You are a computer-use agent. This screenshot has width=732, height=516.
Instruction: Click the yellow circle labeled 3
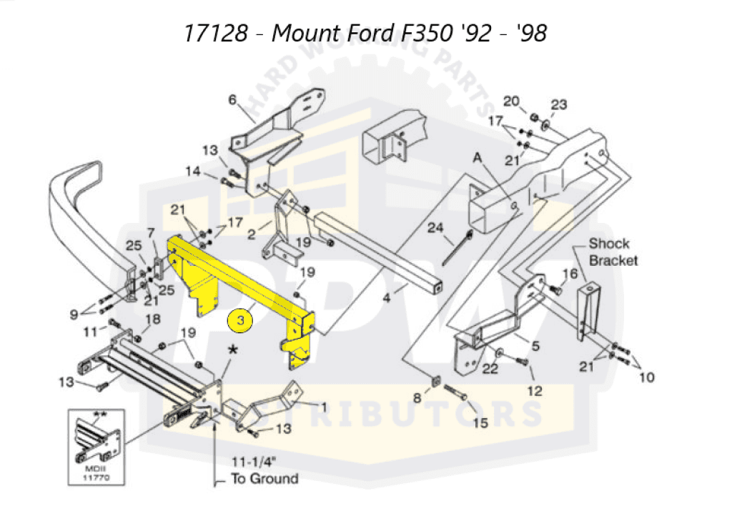(x=241, y=322)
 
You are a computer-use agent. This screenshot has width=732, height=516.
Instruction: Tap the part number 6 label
(x=232, y=99)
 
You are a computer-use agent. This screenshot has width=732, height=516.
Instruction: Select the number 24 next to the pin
(x=436, y=229)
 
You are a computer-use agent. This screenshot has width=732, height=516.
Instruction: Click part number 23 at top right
(x=558, y=105)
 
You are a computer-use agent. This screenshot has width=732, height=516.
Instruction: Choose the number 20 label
(x=510, y=101)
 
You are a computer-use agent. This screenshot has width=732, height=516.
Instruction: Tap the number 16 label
(x=570, y=274)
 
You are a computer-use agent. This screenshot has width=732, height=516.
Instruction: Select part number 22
(x=490, y=369)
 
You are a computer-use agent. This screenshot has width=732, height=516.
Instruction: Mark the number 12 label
(x=535, y=391)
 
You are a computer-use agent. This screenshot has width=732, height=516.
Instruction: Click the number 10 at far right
(x=646, y=377)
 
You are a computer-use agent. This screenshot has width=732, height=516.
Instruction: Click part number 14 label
(x=194, y=171)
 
